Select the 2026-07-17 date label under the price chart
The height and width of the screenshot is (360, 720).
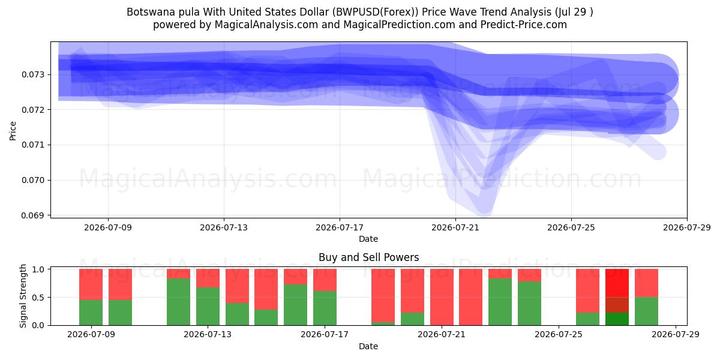pos(340,227)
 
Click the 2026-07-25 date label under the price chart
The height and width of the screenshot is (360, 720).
pos(571,227)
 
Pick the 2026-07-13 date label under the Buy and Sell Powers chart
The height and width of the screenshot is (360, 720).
pos(208,334)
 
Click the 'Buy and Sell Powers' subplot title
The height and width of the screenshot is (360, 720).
pos(368,257)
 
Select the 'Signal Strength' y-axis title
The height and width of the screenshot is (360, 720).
pos(23,296)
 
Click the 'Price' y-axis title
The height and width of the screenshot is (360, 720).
pos(13,131)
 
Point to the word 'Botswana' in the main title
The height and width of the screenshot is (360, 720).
pos(147,12)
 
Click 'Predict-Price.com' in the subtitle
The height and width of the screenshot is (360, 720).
pos(524,25)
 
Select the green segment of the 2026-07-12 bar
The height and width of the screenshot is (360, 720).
pos(178,302)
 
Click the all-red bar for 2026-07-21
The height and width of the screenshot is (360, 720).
pos(442,297)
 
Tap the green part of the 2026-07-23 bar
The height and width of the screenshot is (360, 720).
pos(500,302)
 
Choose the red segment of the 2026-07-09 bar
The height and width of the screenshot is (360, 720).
pos(91,284)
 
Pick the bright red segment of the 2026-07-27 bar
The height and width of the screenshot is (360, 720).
pos(617,283)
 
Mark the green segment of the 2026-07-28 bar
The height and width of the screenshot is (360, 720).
pos(646,311)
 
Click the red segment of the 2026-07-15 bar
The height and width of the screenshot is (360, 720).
pos(266,289)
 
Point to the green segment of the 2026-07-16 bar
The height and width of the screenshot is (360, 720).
pos(295,305)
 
